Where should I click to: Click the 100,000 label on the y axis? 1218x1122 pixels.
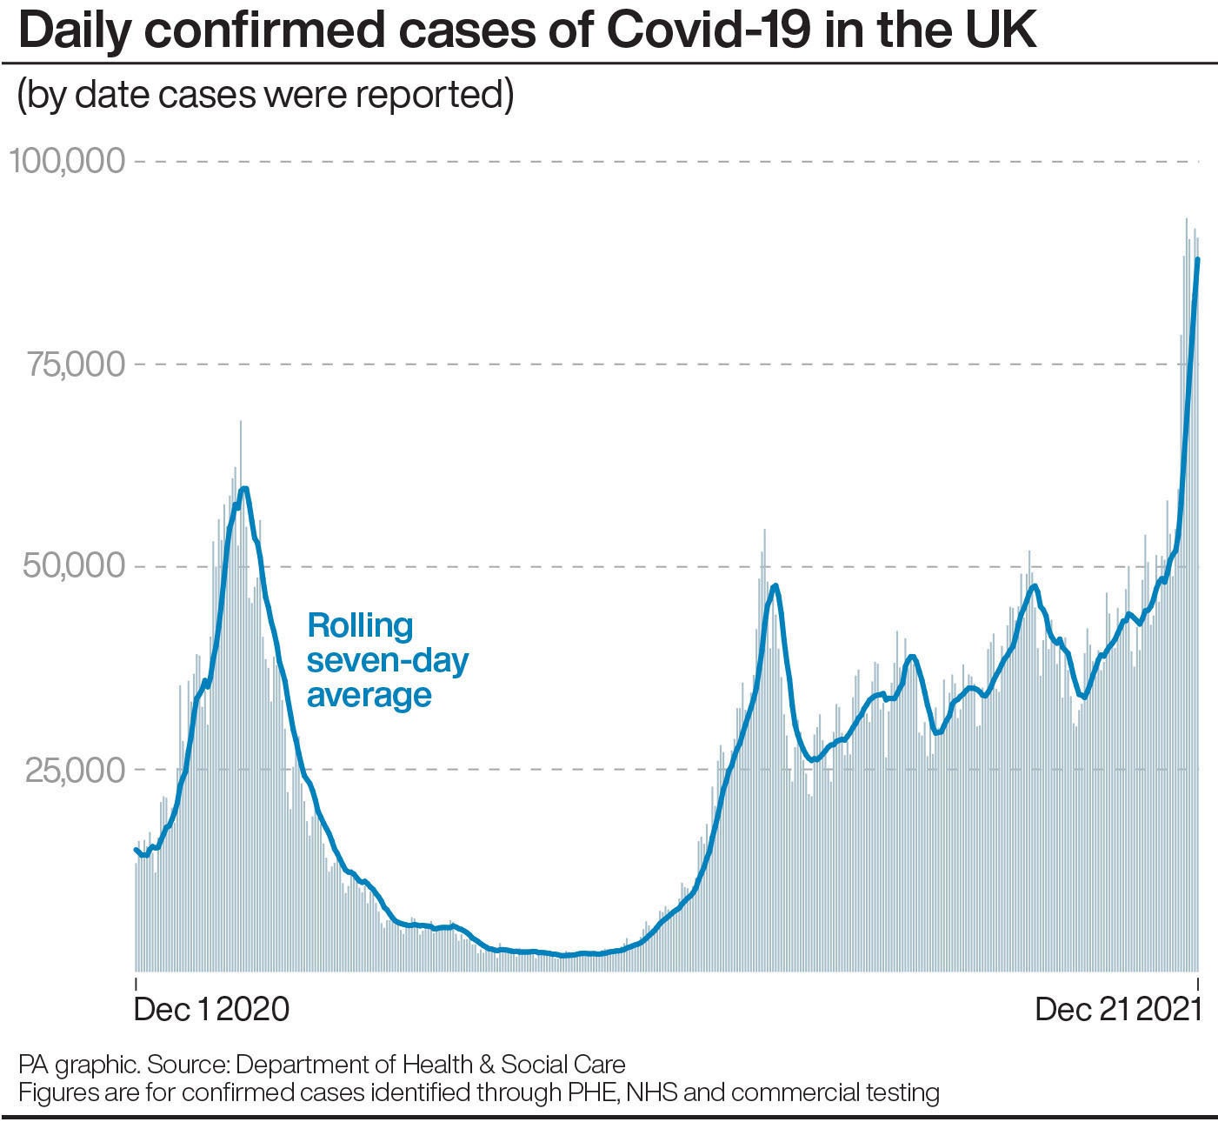coord(67,162)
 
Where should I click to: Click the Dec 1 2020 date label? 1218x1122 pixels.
coord(211,1009)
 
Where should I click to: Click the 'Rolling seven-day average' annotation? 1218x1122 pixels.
coord(387,660)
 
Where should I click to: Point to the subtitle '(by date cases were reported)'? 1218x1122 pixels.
coord(265,94)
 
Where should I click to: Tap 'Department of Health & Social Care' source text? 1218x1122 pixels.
coord(430,1065)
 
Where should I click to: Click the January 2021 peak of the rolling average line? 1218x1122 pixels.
coord(244,489)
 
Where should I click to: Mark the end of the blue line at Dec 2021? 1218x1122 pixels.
coord(1198,259)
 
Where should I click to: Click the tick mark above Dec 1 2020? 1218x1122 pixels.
coord(136,983)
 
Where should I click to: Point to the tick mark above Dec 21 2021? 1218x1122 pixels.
coord(1199,983)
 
